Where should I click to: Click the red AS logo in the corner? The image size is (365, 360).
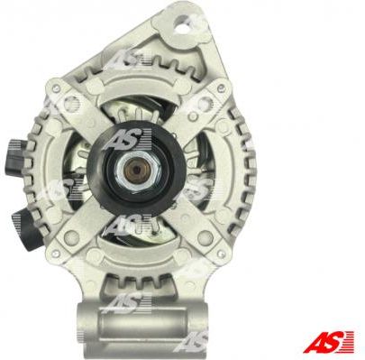point(328,341)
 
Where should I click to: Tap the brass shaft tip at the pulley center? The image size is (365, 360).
point(137,170)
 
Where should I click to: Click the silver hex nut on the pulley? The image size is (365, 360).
point(138,171)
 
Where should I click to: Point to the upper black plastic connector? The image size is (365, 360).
point(15,156)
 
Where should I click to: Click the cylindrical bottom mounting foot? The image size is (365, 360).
point(141,326)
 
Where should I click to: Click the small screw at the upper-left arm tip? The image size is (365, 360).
point(55,88)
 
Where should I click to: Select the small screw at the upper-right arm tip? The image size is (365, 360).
point(222,88)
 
